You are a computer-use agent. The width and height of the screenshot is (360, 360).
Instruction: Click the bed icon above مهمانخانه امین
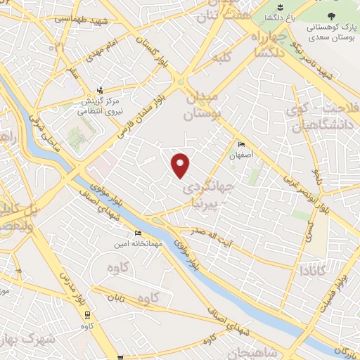[138, 233]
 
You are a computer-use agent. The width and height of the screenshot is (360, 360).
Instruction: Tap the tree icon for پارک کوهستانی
[333, 13]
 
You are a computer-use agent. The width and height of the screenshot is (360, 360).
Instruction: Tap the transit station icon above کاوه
[87, 315]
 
